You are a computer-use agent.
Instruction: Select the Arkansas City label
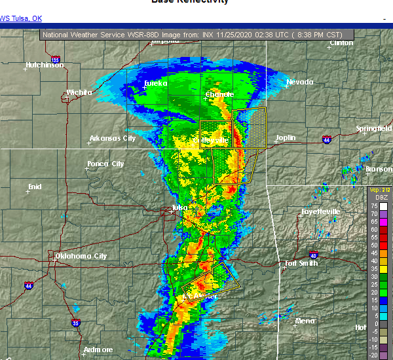pyautogui.click(x=113, y=138)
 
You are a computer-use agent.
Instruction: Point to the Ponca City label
pyautogui.click(x=105, y=164)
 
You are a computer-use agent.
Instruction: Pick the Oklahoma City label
pyautogui.click(x=81, y=256)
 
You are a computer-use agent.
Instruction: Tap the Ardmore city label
pyautogui.click(x=98, y=350)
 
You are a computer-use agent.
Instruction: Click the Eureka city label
pyautogui.click(x=156, y=83)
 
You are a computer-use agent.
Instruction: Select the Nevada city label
pyautogui.click(x=299, y=82)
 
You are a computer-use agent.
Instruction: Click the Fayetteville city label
pyautogui.click(x=320, y=211)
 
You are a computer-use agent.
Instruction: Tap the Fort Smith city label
pyautogui.click(x=301, y=264)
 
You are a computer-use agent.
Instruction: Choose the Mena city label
pyautogui.click(x=305, y=321)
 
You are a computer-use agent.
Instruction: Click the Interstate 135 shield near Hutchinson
pyautogui.click(x=56, y=60)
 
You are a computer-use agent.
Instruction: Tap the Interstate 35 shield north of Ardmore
pyautogui.click(x=76, y=323)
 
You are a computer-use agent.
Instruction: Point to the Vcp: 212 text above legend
pyautogui.click(x=379, y=190)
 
